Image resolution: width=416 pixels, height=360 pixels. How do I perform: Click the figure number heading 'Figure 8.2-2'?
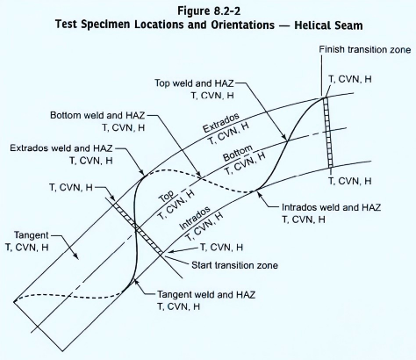(209, 11)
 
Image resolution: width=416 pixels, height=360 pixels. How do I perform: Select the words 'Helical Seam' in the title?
(328, 25)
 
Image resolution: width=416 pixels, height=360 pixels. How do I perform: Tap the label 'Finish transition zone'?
(365, 49)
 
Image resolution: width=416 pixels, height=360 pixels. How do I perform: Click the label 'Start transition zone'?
(234, 265)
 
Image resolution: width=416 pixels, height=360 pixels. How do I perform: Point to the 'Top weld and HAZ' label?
(194, 83)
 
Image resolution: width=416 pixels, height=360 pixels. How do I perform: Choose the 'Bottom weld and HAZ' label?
(97, 115)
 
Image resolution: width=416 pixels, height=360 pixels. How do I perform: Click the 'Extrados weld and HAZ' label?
(61, 148)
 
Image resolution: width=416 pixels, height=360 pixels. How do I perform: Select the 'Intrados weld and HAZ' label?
(331, 207)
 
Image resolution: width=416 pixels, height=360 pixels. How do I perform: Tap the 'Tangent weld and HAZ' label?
(206, 294)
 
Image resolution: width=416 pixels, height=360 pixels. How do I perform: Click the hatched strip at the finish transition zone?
(328, 133)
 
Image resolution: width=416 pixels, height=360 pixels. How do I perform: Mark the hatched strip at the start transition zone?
(138, 228)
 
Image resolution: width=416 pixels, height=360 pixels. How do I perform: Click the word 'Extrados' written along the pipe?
(221, 123)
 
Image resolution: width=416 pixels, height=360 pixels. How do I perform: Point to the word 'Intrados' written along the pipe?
(195, 218)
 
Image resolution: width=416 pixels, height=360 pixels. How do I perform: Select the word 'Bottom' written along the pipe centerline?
(238, 153)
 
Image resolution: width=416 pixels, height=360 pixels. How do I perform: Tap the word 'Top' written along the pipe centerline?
(167, 197)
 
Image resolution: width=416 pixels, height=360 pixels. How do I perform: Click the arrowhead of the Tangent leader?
(76, 256)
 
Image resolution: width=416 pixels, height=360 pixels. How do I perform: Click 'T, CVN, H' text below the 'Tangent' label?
(27, 248)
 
